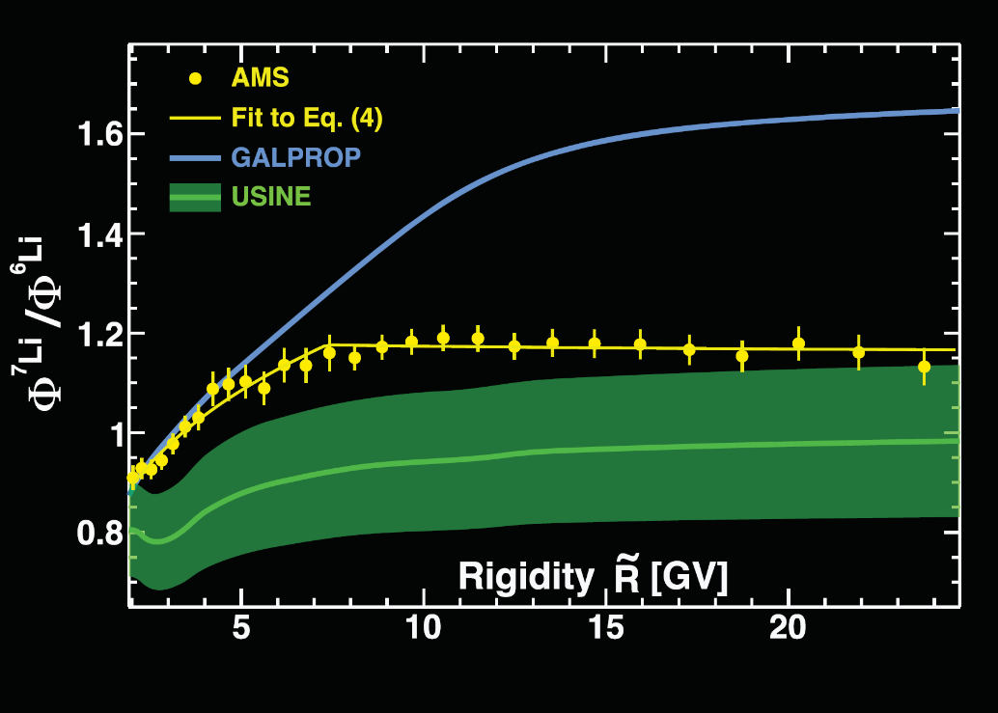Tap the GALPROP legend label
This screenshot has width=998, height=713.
coord(295,157)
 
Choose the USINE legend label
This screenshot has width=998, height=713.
coord(270,197)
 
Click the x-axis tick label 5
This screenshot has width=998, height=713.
coord(241,627)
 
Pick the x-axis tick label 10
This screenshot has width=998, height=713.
coord(424,627)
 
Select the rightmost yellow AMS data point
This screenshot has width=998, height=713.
coord(924,367)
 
